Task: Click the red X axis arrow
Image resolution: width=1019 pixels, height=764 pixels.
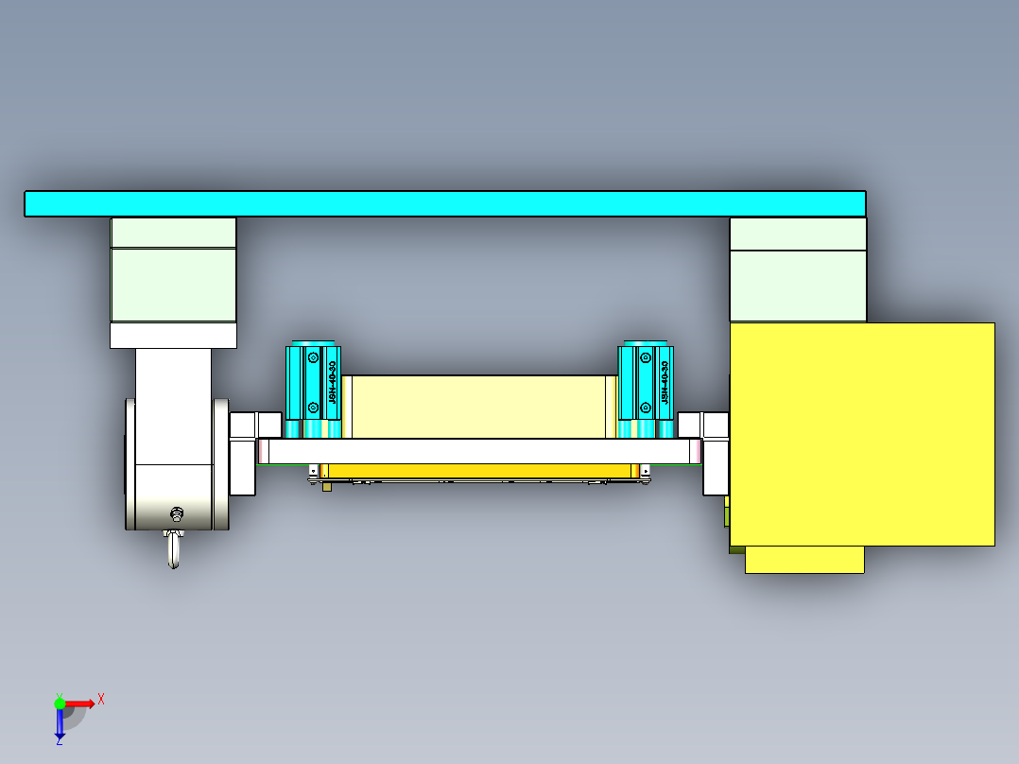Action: [x=81, y=703]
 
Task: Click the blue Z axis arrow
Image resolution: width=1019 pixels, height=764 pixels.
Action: [x=60, y=724]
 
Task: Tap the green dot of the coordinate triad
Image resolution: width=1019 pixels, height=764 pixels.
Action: [x=60, y=703]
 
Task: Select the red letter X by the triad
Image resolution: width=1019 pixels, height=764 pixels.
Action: [x=101, y=699]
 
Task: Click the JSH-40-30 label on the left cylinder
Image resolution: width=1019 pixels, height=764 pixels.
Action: [x=332, y=383]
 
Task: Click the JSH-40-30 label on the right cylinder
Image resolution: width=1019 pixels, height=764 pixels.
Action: [x=665, y=383]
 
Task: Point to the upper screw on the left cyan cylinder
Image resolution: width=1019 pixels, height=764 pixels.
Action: [x=312, y=358]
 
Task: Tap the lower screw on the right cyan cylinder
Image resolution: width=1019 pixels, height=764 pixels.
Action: [x=645, y=408]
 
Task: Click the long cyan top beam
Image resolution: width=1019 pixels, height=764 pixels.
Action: [x=444, y=203]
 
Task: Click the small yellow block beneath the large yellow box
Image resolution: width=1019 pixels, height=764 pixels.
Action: [x=804, y=559]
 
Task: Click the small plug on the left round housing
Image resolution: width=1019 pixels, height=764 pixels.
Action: [x=176, y=514]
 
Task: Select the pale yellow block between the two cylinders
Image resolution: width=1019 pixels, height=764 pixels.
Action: [x=473, y=407]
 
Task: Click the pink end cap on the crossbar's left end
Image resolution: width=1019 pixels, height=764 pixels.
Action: [x=262, y=452]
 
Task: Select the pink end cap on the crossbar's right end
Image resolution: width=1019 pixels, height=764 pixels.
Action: [x=698, y=452]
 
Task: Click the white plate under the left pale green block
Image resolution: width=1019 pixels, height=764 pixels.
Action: [x=173, y=336]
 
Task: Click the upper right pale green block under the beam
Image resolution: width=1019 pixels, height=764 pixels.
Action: [x=798, y=234]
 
